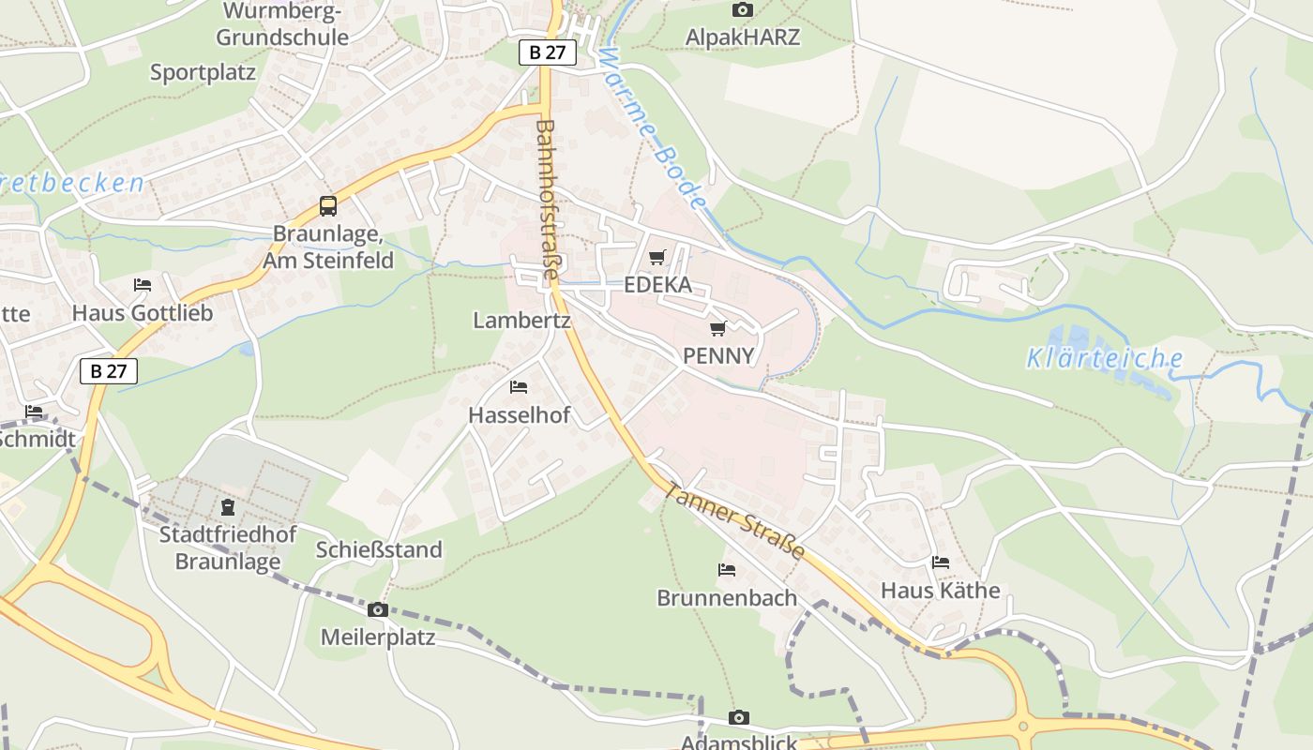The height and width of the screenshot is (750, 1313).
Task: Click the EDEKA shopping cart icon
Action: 657,257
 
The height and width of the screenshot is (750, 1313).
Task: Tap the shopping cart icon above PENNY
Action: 718,328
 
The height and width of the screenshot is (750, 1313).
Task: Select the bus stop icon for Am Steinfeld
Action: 327,206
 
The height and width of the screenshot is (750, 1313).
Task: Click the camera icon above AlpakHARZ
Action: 742,9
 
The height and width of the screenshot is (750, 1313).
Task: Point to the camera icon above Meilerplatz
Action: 377,610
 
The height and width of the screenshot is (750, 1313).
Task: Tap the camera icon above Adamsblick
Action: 739,717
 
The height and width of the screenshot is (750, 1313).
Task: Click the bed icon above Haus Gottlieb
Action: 143,285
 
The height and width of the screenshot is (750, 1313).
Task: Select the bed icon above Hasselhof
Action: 519,387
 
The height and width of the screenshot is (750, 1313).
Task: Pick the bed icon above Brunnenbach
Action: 727,569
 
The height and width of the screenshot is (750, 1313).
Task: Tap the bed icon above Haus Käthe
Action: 941,562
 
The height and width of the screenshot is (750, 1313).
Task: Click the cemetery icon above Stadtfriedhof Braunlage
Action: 228,507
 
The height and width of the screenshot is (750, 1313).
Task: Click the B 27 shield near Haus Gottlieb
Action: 109,371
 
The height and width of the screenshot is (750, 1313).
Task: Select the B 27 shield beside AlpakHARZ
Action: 548,52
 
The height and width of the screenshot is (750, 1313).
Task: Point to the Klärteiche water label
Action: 1104,358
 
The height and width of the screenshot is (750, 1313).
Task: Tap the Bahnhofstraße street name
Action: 547,199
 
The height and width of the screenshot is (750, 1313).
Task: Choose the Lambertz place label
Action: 521,321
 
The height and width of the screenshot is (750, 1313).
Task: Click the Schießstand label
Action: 379,549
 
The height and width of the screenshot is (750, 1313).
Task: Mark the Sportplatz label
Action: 203,72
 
